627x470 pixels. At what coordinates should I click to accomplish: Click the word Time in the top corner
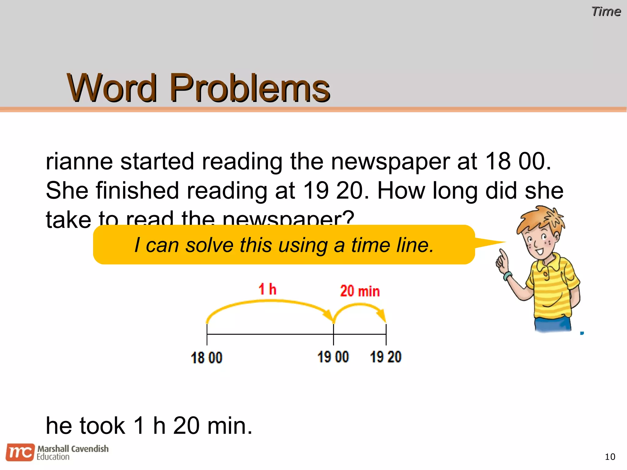(x=606, y=12)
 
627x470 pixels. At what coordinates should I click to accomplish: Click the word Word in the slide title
(x=112, y=88)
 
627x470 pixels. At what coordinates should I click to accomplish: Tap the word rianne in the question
(x=79, y=161)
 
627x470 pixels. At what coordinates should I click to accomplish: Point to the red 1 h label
(x=267, y=289)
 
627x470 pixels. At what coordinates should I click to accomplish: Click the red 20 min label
(x=360, y=291)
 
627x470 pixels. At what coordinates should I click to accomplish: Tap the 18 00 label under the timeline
(x=206, y=357)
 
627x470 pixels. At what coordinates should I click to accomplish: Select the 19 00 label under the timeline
(x=333, y=357)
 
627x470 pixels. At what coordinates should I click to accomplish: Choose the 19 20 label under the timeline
(x=385, y=357)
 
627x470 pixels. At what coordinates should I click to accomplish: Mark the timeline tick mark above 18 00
(x=207, y=334)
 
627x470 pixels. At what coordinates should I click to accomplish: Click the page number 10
(x=610, y=457)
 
